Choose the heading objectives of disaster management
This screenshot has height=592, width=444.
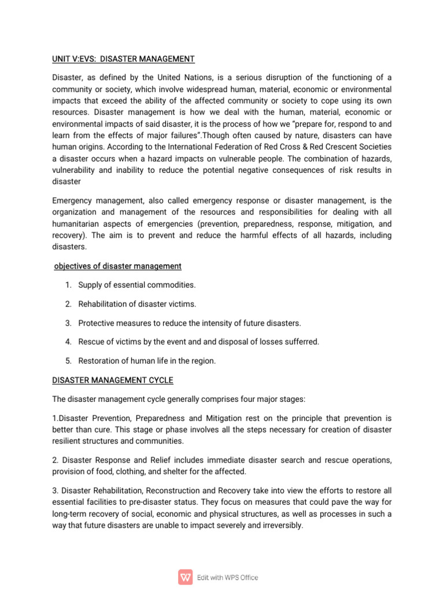point(117,266)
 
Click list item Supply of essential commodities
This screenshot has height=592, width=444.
point(137,285)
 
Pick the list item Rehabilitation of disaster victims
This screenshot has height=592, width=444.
point(137,304)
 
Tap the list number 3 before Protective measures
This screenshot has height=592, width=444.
point(68,323)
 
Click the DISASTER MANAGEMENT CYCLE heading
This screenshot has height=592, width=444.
point(113,380)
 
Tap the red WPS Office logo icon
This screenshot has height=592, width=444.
point(186,577)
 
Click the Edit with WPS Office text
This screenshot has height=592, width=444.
point(228,578)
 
